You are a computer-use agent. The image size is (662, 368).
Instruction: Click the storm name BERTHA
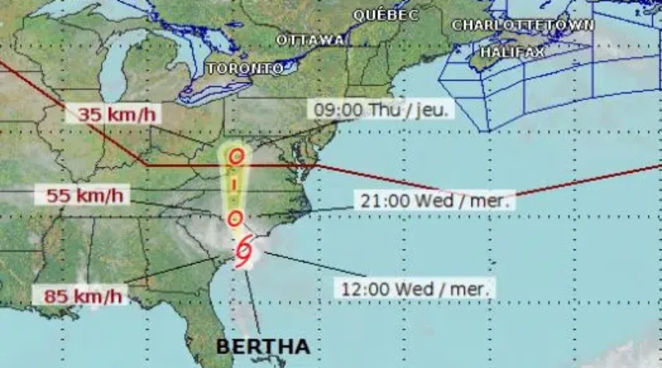(x=263, y=346)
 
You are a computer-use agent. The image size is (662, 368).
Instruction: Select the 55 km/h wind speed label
(x=84, y=196)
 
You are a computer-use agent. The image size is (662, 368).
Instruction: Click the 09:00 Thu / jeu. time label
(x=381, y=110)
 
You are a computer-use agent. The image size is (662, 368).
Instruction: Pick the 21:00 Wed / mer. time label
(x=436, y=200)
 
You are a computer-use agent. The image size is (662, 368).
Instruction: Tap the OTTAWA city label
(x=310, y=40)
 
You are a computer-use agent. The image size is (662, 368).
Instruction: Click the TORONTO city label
(x=245, y=68)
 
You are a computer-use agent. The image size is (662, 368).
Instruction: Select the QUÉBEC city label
(x=385, y=15)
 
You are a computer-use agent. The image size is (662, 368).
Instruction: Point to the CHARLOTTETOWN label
(x=523, y=25)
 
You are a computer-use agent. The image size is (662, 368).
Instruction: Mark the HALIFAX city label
(x=512, y=52)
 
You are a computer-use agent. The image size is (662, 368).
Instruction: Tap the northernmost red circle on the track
(x=235, y=157)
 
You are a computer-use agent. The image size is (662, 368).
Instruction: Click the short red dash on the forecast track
(x=235, y=185)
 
